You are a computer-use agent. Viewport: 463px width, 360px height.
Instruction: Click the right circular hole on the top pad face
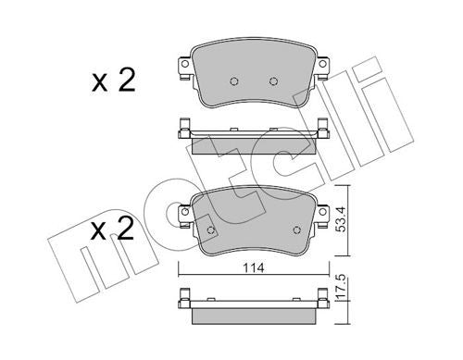click(273, 80)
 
